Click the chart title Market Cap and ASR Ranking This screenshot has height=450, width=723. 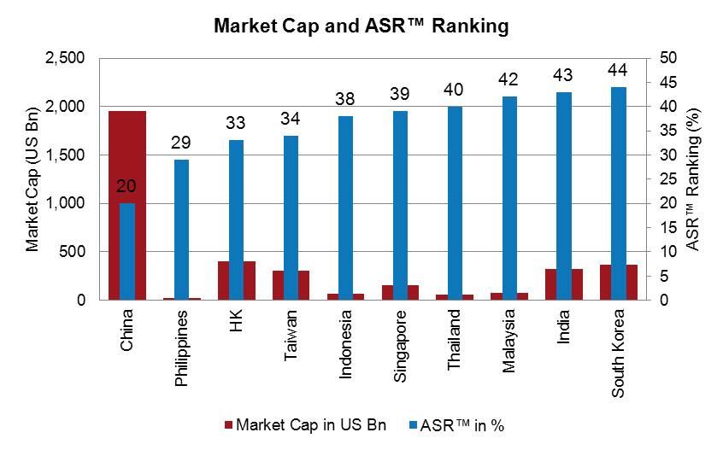[361, 26]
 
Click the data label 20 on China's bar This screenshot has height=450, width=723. [126, 186]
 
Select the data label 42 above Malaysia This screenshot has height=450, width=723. [509, 79]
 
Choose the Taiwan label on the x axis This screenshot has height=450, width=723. [291, 335]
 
